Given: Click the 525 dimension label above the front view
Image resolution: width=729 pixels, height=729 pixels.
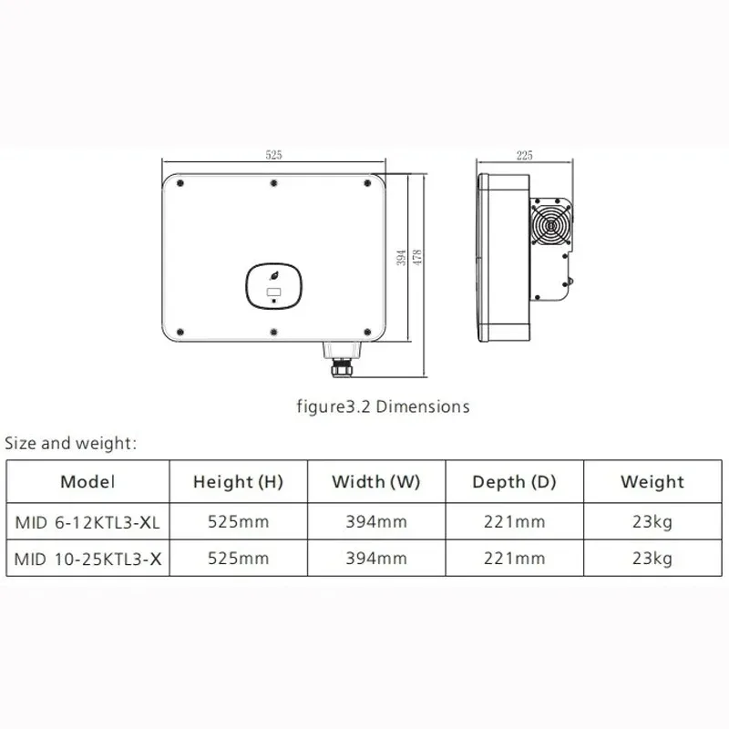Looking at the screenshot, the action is (274, 155).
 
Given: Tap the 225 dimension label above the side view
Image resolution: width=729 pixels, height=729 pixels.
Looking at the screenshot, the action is (525, 155).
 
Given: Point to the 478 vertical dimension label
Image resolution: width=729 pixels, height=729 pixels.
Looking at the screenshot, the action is (417, 257).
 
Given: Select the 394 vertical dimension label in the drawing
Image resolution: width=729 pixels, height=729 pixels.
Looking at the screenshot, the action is (401, 257).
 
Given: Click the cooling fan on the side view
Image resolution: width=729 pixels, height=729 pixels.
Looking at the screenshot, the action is (551, 226).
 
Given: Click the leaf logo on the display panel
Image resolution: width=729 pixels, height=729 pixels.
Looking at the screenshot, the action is (275, 276).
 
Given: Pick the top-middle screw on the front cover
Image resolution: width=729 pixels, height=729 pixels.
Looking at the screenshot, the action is (274, 183).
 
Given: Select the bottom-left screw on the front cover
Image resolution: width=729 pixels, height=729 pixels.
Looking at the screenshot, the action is (180, 332).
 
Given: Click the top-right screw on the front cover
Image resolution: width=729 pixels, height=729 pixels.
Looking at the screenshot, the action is (367, 183).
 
